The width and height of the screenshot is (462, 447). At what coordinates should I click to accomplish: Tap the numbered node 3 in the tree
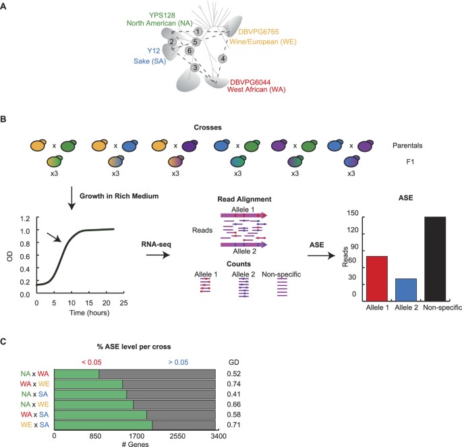(x=195, y=68)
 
